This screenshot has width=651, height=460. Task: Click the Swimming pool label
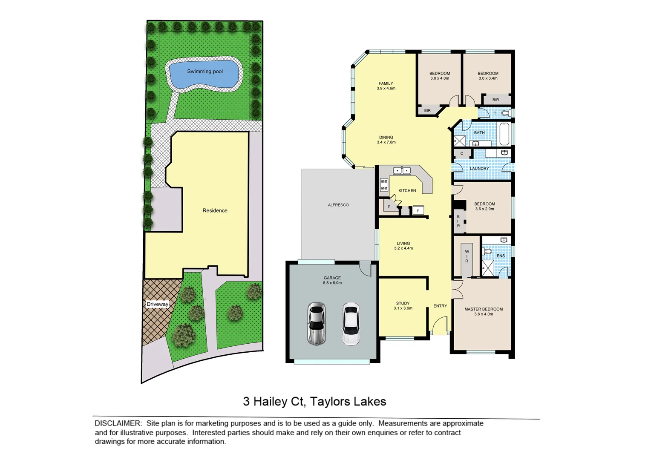(205, 72)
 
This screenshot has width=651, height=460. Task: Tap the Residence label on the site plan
(215, 210)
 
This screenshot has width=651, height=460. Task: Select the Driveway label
(158, 304)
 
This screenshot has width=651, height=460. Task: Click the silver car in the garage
(317, 324)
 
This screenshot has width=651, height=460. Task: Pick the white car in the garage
(351, 324)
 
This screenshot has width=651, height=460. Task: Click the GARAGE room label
(332, 278)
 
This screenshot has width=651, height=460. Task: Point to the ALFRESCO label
(338, 205)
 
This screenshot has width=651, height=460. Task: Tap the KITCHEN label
(407, 190)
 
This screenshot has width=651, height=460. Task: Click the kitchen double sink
(401, 171)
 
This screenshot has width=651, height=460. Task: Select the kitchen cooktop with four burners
(384, 185)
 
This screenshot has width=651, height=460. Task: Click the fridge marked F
(418, 211)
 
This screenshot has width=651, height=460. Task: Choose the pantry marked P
(389, 207)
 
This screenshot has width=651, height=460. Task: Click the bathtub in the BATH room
(504, 134)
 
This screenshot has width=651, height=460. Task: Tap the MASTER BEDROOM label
(484, 309)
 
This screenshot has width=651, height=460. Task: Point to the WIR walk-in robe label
(467, 256)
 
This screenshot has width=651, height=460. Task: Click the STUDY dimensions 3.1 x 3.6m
(403, 308)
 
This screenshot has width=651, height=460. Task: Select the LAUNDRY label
(479, 169)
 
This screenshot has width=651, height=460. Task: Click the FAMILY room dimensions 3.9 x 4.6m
(386, 89)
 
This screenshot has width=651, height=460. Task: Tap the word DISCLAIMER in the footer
(118, 423)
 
